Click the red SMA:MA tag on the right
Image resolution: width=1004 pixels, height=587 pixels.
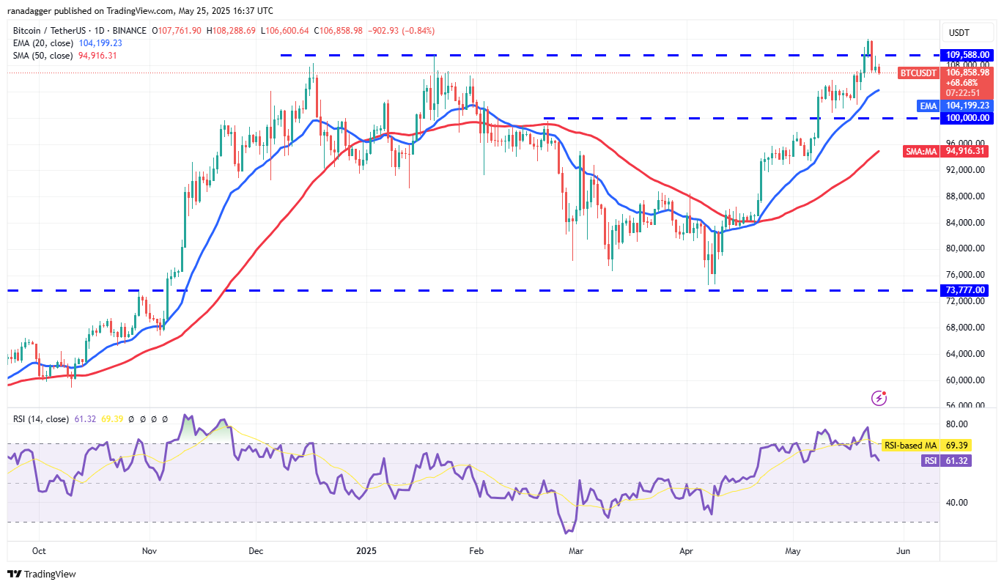[x=921, y=151]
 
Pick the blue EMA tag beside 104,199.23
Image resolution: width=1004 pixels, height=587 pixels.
[x=929, y=106]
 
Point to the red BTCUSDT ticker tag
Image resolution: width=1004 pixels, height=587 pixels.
[x=918, y=73]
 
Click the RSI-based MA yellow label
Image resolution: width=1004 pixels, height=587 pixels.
[x=909, y=446]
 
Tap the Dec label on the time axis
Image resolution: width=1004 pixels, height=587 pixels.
[x=256, y=550]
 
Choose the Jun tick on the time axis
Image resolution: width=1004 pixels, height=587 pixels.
[x=904, y=550]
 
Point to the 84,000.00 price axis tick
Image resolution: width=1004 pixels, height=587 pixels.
[x=967, y=223]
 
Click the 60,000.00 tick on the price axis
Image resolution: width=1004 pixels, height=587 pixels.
[x=967, y=380]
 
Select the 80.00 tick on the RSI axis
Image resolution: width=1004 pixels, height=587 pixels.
[x=957, y=424]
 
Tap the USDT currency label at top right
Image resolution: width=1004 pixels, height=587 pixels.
[x=959, y=33]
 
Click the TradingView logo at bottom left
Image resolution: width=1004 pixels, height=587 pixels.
[x=42, y=574]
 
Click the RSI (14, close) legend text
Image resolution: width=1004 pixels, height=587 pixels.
[x=41, y=419]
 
